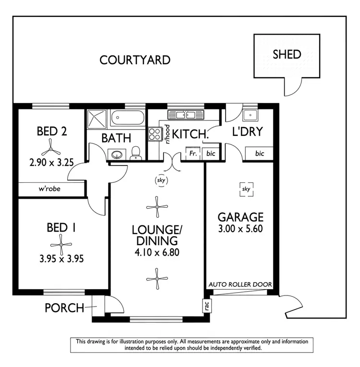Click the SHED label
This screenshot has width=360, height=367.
tap(287, 54)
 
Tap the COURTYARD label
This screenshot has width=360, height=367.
tap(135, 60)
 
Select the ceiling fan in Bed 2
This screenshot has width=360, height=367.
tap(51, 145)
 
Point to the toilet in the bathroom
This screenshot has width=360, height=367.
tap(136, 153)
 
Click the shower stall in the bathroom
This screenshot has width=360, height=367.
tap(97, 118)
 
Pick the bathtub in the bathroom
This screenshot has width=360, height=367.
tap(127, 118)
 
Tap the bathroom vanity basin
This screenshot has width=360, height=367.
tap(117, 154)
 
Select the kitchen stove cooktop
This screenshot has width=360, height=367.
tap(155, 133)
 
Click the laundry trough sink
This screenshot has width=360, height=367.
tap(250, 116)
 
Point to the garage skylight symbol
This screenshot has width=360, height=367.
tap(246, 189)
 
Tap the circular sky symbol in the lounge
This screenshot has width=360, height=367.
tap(160, 180)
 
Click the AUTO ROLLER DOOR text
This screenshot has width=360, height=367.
tap(240, 284)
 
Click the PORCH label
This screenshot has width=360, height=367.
tap(64, 307)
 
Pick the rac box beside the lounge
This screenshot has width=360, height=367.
tap(205, 306)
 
